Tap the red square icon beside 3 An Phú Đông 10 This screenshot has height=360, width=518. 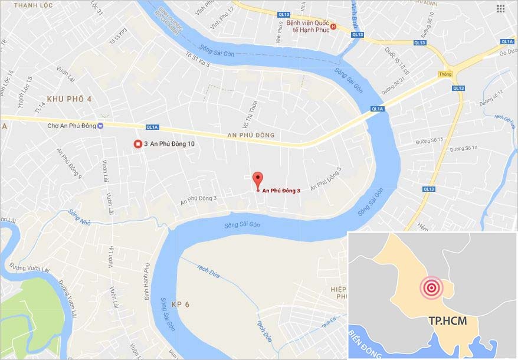pos(139,144)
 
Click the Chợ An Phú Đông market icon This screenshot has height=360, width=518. pos(101,126)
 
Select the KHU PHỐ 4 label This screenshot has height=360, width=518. pos(70,99)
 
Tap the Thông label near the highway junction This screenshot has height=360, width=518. pos(445,74)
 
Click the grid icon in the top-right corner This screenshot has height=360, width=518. pos(500,8)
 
